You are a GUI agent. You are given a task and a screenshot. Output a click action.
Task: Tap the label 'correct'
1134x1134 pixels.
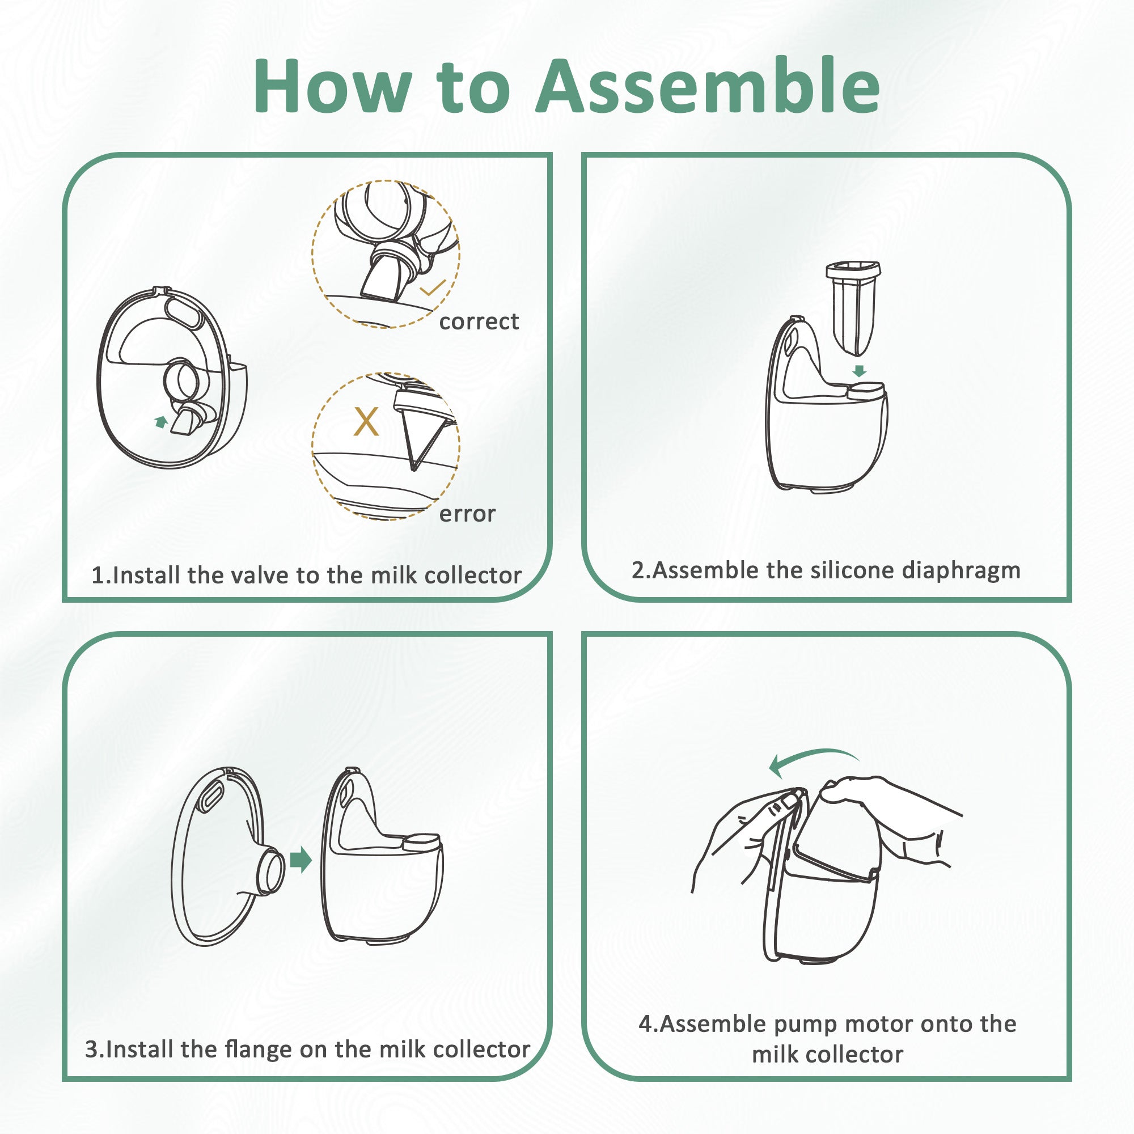[x=479, y=321]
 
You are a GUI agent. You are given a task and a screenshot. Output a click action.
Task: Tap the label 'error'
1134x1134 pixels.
[x=467, y=514]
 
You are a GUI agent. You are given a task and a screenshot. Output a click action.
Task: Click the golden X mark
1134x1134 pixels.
[x=366, y=421]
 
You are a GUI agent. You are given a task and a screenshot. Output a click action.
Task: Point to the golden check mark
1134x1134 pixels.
[x=433, y=287]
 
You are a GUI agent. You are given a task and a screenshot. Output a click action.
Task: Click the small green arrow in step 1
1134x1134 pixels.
[x=160, y=421]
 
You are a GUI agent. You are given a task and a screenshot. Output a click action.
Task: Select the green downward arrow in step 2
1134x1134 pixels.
[x=860, y=370]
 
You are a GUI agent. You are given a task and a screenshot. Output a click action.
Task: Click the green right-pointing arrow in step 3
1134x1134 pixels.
[x=301, y=861]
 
